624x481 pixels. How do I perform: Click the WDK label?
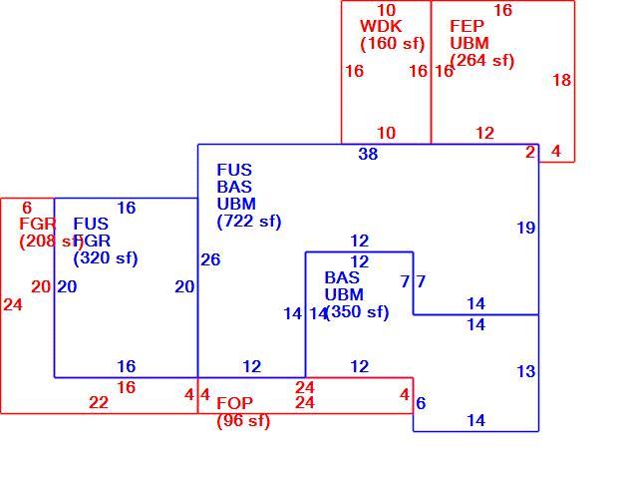click(381, 26)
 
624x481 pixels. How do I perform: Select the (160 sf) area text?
click(393, 44)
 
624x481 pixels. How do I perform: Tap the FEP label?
click(467, 26)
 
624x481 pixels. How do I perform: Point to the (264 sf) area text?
click(481, 61)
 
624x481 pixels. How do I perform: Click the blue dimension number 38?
click(368, 154)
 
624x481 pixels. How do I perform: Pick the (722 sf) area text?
click(249, 222)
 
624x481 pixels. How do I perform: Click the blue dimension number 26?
click(210, 259)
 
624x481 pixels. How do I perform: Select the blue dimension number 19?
click(526, 228)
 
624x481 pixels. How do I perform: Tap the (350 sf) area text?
click(357, 312)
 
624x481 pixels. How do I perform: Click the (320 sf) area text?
click(106, 258)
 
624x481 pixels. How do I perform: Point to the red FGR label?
click(38, 224)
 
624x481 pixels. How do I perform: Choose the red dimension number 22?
click(99, 403)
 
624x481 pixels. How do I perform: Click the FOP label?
click(234, 404)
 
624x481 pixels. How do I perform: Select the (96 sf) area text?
click(243, 421)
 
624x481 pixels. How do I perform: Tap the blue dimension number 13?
click(526, 372)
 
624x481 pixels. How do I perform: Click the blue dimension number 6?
click(421, 403)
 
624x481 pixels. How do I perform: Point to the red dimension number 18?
click(562, 81)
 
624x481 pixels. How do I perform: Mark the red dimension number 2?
click(530, 152)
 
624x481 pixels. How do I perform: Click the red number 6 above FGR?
click(27, 208)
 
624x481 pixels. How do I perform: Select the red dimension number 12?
click(485, 133)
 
